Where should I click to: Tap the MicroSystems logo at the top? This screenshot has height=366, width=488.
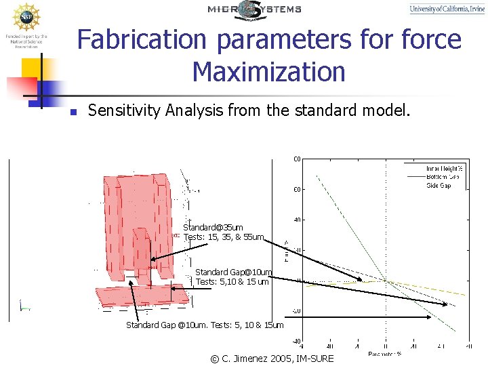coord(254,9)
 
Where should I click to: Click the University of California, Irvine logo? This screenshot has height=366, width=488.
coord(447,9)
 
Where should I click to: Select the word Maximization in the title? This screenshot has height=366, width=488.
coord(268,71)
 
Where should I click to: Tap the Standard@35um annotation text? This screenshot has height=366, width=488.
coord(213,227)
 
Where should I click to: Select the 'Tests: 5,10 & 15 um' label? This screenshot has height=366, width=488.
coord(232,282)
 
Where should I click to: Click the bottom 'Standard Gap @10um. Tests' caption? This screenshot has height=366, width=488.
coord(205,325)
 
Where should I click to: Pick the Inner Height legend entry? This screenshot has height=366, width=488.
coord(444,168)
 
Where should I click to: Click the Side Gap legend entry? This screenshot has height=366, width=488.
coord(439,186)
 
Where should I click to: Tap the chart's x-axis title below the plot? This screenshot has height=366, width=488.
coord(385,354)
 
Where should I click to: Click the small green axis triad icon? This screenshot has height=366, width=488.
coord(24,306)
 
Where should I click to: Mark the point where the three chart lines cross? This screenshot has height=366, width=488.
coord(386,281)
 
